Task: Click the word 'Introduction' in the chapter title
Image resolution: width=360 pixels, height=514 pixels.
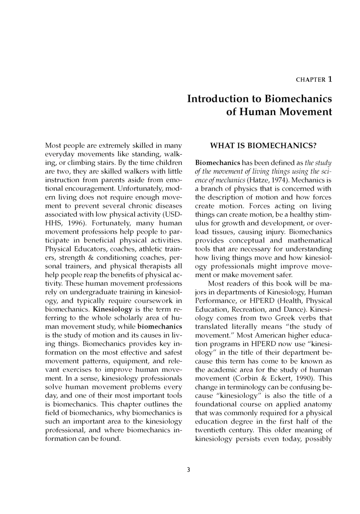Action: click(x=219, y=99)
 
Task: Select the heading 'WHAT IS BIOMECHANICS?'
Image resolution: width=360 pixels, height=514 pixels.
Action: click(x=263, y=146)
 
